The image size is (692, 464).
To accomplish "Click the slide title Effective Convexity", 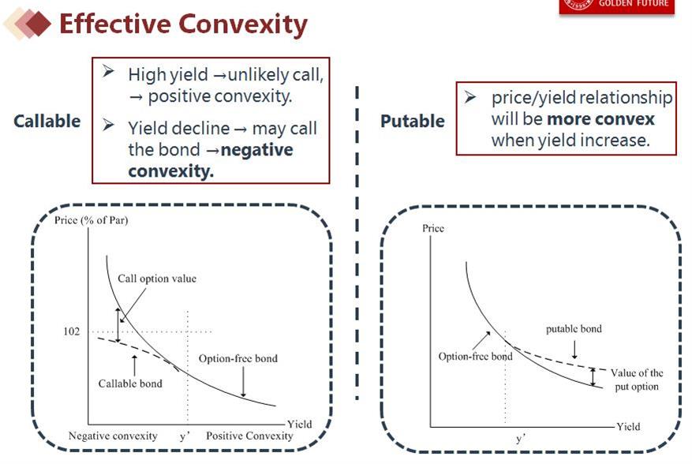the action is point(183,24).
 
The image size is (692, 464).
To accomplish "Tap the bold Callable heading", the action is point(47,121).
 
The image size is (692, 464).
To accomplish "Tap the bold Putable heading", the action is point(413,121).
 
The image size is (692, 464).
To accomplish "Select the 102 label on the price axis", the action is point(72,331).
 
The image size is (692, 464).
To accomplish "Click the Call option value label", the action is point(157,279).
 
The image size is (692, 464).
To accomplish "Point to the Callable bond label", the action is point(130,384).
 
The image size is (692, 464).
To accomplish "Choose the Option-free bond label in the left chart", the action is point(238,358).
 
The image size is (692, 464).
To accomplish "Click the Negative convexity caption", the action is point(113,436).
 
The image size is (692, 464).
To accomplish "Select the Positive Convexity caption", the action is point(249,436).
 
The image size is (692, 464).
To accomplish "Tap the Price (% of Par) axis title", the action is point(92,220).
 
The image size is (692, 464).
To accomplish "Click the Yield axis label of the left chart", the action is point(300,425).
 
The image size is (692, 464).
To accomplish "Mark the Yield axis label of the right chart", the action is point(628,426).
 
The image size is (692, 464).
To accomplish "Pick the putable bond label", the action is point(574,329).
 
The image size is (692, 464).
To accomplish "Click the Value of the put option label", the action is point(637,380).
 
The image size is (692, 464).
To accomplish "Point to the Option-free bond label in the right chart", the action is point(475,356).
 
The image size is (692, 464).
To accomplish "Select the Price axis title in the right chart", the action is point(433,228).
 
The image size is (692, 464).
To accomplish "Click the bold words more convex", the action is point(600,119).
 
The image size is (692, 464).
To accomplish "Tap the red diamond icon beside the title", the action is point(39,24).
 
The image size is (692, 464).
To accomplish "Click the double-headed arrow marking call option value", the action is point(118,325).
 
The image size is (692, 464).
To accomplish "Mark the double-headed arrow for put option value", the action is point(593,377).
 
